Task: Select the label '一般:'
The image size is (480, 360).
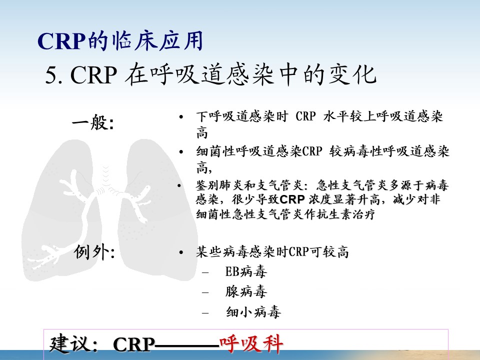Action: click(93, 123)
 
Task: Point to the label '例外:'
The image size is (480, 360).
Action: click(94, 252)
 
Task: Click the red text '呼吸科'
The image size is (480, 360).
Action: click(251, 344)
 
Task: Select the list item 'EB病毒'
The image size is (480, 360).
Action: click(246, 271)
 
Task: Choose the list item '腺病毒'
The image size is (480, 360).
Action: click(246, 291)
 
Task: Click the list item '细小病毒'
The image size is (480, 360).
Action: click(253, 312)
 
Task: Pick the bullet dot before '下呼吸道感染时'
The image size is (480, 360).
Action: click(181, 117)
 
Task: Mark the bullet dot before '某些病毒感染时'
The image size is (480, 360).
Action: click(181, 252)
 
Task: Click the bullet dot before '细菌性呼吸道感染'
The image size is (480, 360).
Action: click(181, 152)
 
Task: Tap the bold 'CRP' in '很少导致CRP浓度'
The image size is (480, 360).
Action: click(292, 199)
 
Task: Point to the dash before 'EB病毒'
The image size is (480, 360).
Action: click(205, 272)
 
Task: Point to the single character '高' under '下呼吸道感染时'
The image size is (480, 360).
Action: click(202, 133)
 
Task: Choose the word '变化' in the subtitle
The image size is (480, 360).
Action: click(352, 74)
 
